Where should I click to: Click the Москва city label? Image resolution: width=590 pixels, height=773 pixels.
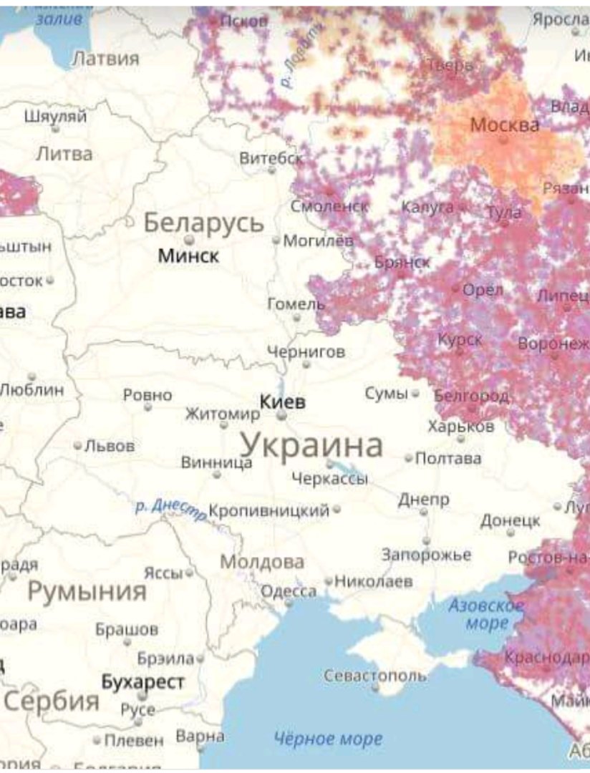tap(504, 125)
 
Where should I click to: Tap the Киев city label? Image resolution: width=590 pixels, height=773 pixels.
tap(282, 402)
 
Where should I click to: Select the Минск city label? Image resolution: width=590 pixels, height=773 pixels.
tap(188, 256)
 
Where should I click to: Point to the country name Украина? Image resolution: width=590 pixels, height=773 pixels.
tap(311, 445)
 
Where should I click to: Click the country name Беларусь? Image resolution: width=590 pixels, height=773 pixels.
tap(204, 223)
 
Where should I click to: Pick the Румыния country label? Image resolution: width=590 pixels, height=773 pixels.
tap(87, 592)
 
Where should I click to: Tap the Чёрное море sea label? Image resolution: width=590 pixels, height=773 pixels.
tap(329, 739)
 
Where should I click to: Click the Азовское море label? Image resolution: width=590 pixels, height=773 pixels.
tap(486, 614)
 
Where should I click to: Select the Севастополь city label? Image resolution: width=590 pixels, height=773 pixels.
tap(374, 675)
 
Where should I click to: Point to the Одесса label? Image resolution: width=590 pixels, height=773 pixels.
tap(288, 591)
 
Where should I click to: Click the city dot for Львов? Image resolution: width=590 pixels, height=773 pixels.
tap(78, 445)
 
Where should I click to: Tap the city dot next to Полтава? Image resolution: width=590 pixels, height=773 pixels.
tap(409, 458)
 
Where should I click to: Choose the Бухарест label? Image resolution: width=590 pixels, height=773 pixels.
tap(142, 682)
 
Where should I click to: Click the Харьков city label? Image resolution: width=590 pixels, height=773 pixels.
tap(460, 427)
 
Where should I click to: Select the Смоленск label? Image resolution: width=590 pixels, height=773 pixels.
tap(329, 206)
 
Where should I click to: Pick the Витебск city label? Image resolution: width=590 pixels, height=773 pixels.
tap(271, 158)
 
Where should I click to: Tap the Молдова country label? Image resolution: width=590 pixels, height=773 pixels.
tap(261, 562)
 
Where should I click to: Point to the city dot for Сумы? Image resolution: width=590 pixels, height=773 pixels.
tap(415, 394)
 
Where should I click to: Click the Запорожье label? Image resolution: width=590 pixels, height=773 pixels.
tap(426, 555)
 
